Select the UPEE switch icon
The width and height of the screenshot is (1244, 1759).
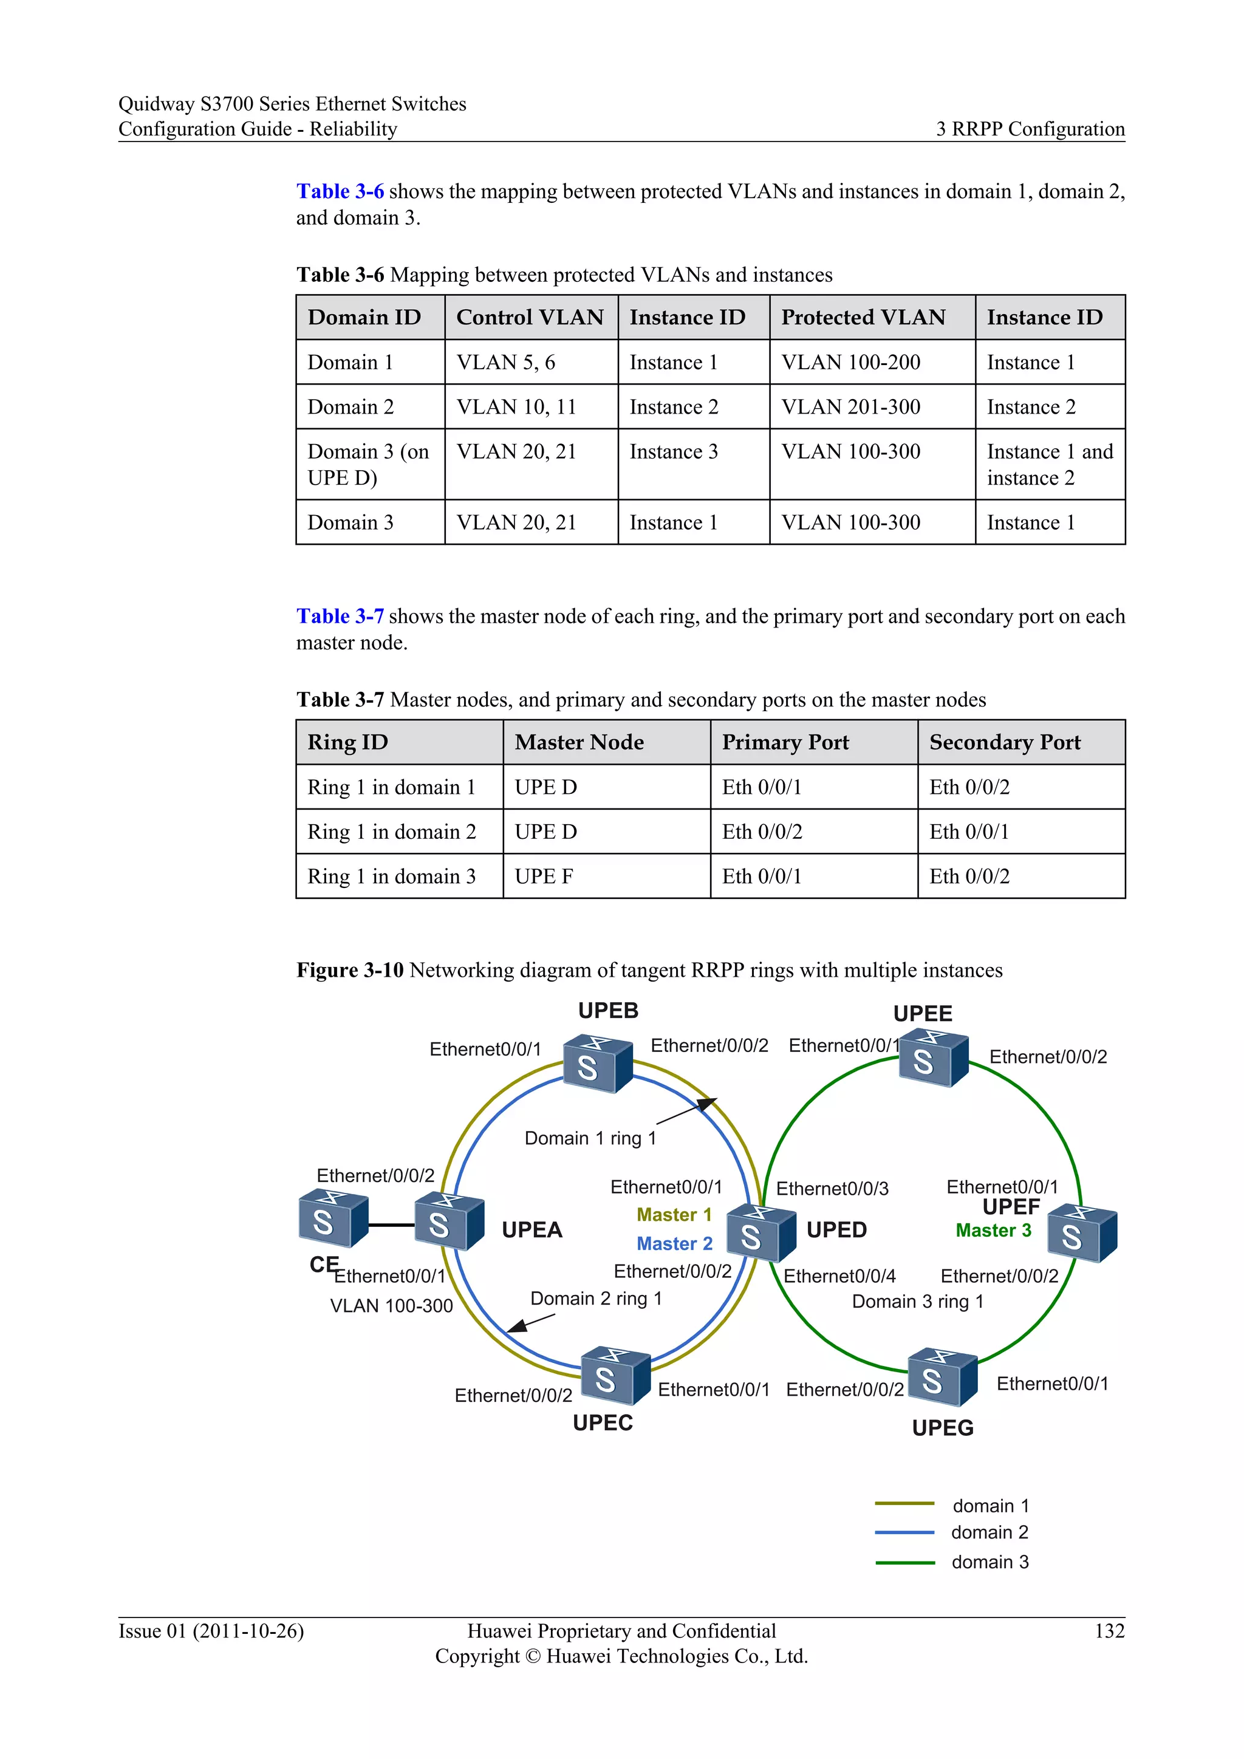point(933,1059)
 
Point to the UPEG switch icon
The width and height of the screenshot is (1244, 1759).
point(942,1377)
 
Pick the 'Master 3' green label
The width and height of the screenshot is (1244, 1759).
point(994,1231)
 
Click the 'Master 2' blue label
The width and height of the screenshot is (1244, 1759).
point(674,1243)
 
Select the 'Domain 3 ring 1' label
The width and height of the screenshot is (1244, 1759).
point(918,1302)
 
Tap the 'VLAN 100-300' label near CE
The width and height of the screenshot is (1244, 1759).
point(391,1306)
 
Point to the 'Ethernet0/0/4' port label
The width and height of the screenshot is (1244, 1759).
point(839,1276)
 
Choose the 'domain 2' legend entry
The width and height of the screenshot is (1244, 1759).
point(989,1532)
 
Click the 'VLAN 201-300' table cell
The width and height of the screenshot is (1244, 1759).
point(850,407)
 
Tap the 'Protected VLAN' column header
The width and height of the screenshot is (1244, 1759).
point(863,317)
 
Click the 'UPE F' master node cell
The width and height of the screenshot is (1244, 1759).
point(544,876)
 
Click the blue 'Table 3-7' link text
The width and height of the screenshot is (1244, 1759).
point(340,616)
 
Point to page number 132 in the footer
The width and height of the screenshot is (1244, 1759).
point(1109,1631)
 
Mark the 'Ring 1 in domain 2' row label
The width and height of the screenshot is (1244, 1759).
point(391,832)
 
